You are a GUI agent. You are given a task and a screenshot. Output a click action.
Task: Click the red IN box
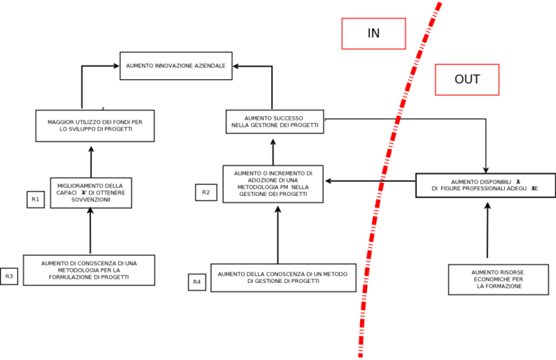click(373, 33)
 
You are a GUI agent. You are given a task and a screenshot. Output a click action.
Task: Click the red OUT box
click(467, 79)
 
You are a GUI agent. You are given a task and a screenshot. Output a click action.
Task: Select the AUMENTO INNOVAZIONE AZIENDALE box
click(175, 66)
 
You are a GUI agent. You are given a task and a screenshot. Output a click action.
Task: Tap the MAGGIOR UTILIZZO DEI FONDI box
click(95, 126)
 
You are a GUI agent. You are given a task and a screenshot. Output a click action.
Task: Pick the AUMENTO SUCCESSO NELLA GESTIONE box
click(275, 122)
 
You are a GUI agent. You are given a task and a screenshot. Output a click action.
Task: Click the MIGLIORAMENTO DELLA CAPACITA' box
click(91, 193)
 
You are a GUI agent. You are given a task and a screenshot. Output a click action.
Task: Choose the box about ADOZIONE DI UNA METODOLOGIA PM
click(272, 184)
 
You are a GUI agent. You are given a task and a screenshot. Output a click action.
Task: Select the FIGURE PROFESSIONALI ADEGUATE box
click(485, 185)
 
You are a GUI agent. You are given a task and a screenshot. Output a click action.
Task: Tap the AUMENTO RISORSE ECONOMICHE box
click(486, 279)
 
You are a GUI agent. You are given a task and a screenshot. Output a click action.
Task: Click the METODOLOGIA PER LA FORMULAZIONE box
click(89, 270)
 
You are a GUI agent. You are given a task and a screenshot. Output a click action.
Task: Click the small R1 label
click(35, 199)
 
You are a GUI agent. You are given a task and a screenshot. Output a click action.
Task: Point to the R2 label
click(206, 192)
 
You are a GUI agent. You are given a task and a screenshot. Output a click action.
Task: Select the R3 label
click(9, 277)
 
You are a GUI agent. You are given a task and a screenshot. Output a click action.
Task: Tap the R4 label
click(197, 281)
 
